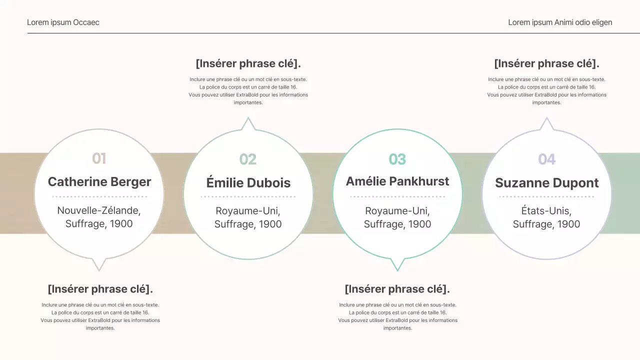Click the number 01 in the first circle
[99, 158]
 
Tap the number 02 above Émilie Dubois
[248, 159]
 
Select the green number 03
[397, 159]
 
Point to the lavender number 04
[546, 159]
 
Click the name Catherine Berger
[99, 182]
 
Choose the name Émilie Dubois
[248, 183]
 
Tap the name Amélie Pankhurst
[397, 181]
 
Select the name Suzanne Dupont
[546, 183]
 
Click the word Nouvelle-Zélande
[99, 210]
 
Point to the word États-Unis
[546, 210]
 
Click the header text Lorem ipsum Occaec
[63, 22]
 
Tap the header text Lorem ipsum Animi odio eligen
[560, 22]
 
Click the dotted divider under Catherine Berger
[99, 196]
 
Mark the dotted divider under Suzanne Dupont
[546, 196]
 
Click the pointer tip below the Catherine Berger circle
[99, 269]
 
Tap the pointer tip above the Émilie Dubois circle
[248, 119]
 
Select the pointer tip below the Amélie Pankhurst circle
[397, 269]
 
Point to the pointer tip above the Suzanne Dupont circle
[546, 119]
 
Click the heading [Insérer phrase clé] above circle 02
[248, 63]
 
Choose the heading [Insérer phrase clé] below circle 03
[397, 289]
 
